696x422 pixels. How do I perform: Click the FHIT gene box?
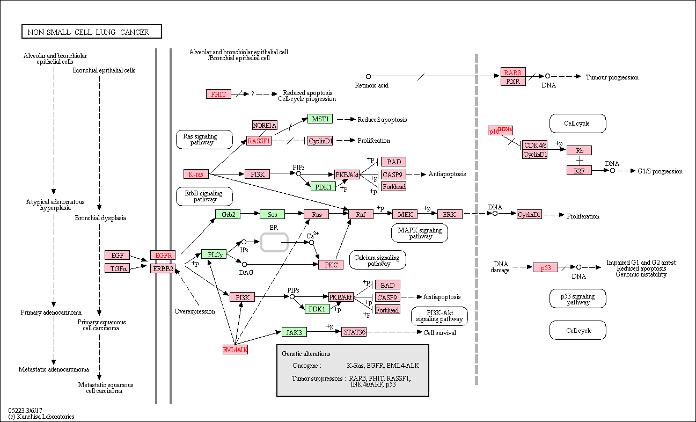pos(218,94)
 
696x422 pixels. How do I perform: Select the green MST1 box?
pos(320,119)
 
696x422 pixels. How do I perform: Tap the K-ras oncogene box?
pos(196,174)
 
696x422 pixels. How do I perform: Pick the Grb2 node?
pos(228,214)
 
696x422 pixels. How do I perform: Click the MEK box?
pos(405,214)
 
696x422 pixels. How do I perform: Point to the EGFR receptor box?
pos(163,255)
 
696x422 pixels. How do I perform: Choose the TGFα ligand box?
pos(117,268)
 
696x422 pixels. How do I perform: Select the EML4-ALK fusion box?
pos(235,350)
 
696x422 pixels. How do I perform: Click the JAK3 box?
pos(294,332)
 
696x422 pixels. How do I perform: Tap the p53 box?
pos(545,267)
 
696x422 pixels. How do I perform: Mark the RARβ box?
pos(513,72)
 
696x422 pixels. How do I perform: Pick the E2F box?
pos(579,170)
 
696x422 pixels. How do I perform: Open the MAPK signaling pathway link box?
pos(420,233)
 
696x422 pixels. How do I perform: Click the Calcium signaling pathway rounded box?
pos(378,260)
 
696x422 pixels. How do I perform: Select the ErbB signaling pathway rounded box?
pos(204,196)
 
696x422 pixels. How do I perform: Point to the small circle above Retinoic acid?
pos(368,76)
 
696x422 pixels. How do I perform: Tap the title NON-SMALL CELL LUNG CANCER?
pos(88,32)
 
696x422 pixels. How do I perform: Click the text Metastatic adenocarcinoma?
pos(54,369)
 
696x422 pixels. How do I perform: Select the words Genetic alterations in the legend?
pos(306,354)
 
